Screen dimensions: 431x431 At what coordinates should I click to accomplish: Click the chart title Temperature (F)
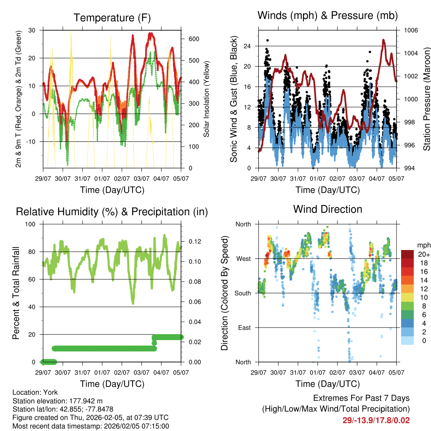click(112, 18)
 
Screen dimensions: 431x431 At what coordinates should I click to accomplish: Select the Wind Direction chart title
click(327, 209)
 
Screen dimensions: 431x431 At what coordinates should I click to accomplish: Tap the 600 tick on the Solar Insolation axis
click(193, 39)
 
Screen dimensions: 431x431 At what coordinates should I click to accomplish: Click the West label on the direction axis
click(244, 258)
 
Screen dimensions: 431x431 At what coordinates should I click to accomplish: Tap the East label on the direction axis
click(244, 327)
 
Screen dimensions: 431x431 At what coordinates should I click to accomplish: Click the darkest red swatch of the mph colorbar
click(408, 254)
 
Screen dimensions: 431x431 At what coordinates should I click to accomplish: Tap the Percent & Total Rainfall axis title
click(16, 293)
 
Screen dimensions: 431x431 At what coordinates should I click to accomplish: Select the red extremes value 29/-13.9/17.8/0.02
click(376, 420)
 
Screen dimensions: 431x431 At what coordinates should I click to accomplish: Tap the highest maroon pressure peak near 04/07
click(383, 40)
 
